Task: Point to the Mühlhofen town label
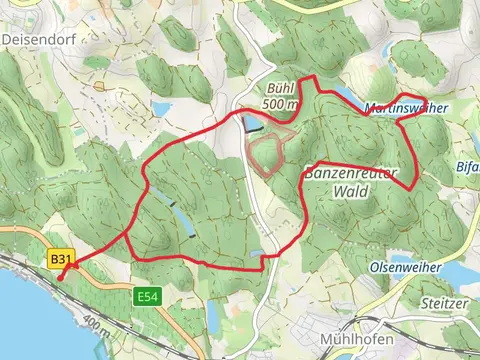coord(353,338)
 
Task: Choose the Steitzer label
coord(446,301)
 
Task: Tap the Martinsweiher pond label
coord(405,107)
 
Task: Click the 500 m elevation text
coord(280,103)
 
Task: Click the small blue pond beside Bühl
coord(252,123)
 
